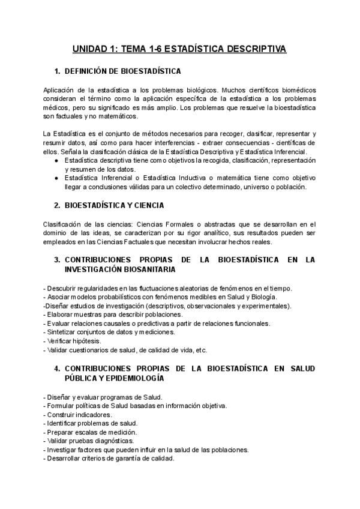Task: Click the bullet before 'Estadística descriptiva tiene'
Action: click(56, 161)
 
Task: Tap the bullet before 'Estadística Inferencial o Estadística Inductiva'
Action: click(56, 178)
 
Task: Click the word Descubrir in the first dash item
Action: click(62, 289)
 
